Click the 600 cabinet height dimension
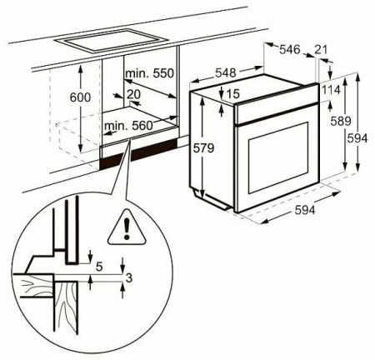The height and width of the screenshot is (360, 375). [x=80, y=97]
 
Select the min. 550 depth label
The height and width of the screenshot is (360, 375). [x=150, y=73]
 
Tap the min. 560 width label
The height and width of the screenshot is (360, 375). [x=128, y=126]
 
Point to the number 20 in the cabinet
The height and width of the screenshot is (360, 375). [x=134, y=95]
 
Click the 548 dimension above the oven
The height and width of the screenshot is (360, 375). [x=226, y=72]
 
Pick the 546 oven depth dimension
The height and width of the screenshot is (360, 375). [x=290, y=50]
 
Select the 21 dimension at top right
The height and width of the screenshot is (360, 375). [x=321, y=50]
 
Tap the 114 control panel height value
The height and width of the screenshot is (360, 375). [x=331, y=90]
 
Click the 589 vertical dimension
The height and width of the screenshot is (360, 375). [x=341, y=121]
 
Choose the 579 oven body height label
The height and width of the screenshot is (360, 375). [x=203, y=148]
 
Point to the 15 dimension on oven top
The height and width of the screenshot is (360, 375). [x=232, y=94]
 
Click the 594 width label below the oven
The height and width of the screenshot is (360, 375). [x=305, y=210]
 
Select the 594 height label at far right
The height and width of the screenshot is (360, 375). [x=357, y=138]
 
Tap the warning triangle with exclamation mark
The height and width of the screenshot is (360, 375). [x=127, y=228]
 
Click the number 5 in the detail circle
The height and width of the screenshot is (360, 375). [x=99, y=267]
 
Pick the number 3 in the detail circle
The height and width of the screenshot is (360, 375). [x=128, y=277]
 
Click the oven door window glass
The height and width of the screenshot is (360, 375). [x=278, y=157]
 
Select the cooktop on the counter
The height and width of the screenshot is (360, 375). [x=112, y=42]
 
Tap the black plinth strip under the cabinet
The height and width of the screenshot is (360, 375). [x=139, y=154]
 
